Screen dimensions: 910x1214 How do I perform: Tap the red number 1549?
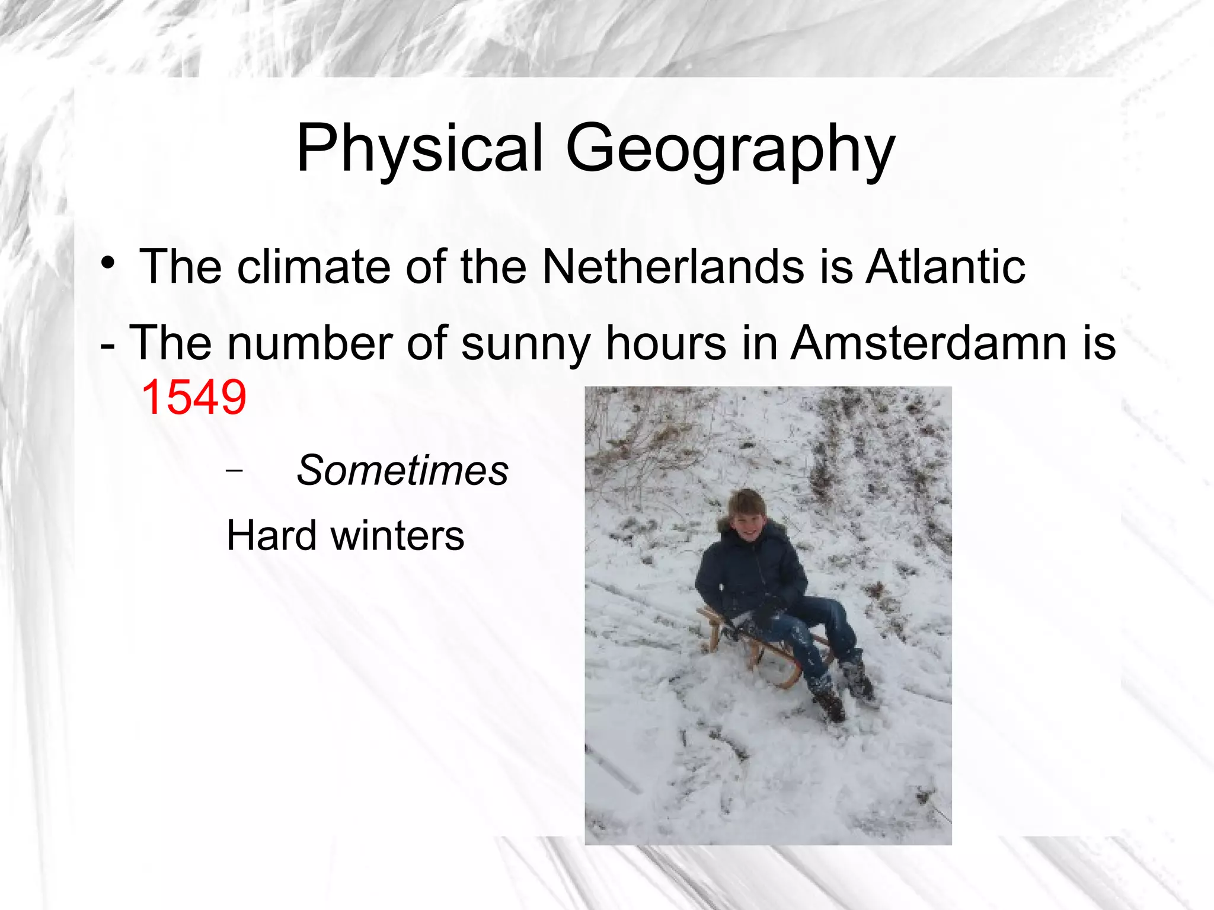[194, 397]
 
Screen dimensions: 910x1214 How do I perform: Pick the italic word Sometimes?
[402, 471]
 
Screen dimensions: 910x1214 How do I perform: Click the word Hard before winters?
[272, 535]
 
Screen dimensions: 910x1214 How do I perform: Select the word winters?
[397, 535]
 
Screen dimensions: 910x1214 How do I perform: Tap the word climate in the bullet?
[314, 267]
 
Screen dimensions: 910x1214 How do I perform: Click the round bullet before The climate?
[107, 262]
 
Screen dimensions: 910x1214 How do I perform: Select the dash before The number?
[107, 344]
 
